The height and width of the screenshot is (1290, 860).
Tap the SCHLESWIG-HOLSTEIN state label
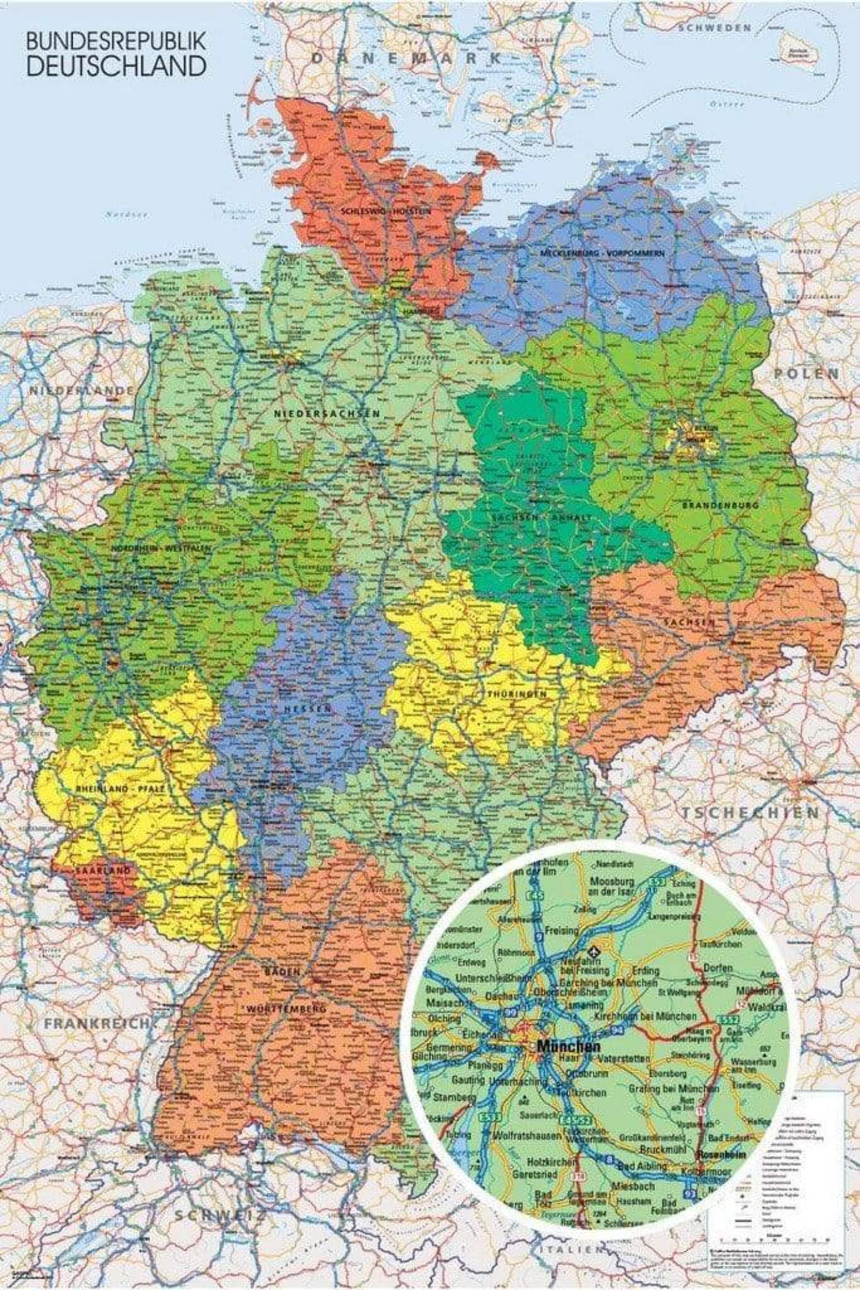click(385, 211)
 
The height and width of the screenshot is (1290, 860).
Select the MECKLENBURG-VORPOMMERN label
click(602, 253)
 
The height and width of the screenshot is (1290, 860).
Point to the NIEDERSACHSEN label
click(327, 413)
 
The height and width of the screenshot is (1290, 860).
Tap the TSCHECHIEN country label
click(750, 812)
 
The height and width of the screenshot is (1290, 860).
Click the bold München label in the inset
click(568, 1046)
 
